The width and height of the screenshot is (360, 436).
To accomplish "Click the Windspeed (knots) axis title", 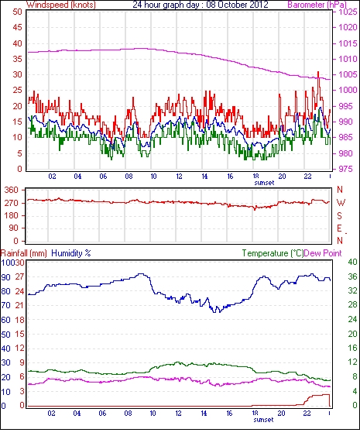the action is pos(61,5).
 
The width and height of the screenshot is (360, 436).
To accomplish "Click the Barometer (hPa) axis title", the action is pos(317,5).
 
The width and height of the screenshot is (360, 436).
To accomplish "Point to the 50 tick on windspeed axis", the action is pos(17,12).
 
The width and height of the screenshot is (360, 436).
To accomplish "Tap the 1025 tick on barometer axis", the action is pos(348,12).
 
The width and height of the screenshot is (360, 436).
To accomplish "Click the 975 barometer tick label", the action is pos(346,169).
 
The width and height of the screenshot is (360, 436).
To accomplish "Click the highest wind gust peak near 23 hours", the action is pos(318,72).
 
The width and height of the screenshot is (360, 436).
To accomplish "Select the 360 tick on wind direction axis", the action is pos(12,191).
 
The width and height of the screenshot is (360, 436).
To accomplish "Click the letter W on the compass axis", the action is pos(341,203).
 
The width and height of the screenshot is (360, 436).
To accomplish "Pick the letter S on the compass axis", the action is pos(339,216).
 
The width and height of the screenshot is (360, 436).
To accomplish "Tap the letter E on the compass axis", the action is pos(339,228).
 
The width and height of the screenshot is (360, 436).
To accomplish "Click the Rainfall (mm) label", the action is pos(24,253).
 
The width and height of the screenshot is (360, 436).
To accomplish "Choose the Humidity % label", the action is pos(71,253).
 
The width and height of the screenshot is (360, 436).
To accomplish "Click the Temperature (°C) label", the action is pos(273,253).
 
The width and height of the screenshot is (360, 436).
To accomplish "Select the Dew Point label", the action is pos(323,253).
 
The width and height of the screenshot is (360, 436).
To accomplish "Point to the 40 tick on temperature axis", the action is pos(353,262).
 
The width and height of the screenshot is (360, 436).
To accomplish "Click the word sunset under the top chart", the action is pos(264,183).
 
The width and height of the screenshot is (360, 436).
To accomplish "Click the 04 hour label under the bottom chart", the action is pos(77,413).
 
